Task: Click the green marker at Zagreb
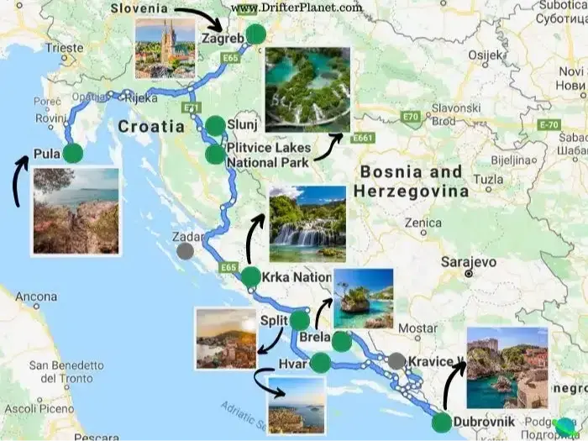[255, 34]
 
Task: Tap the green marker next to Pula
[73, 154]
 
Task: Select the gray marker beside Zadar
[185, 250]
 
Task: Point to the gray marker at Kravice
[396, 361]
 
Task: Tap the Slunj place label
[242, 126]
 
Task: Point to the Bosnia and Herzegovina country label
[411, 181]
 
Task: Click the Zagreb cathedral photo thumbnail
[165, 47]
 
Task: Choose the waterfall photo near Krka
[307, 223]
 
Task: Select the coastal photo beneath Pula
[76, 211]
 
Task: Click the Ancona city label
[36, 297]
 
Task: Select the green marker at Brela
[341, 342]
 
